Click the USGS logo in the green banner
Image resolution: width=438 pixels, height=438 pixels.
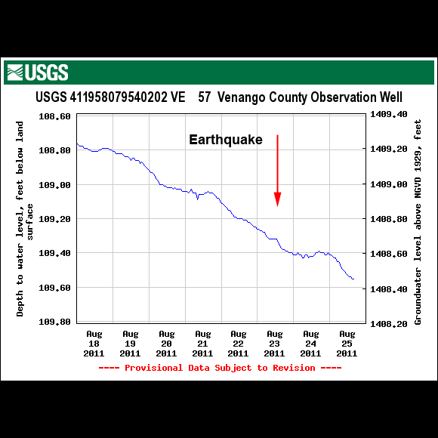(37, 72)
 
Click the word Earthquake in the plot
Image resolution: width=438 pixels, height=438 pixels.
(225, 140)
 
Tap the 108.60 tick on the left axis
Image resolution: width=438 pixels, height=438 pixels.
(54, 116)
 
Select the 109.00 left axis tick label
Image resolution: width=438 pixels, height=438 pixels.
(54, 185)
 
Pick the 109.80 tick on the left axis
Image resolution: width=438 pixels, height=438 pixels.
(54, 322)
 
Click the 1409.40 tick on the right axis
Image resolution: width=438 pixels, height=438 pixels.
(388, 115)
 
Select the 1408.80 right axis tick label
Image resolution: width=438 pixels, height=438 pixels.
(388, 219)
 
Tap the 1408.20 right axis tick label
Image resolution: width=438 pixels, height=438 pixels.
(388, 323)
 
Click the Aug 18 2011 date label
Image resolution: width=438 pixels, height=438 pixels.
(94, 343)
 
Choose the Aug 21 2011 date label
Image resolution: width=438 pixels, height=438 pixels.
(202, 343)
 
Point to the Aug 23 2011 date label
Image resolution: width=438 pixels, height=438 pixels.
(274, 343)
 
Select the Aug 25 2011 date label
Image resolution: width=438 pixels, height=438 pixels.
(347, 343)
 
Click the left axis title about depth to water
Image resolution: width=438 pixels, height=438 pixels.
(25, 218)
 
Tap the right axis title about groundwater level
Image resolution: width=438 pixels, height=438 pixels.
(418, 218)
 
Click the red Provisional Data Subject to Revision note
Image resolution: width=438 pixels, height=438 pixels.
(220, 368)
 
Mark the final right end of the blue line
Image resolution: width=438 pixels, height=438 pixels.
(353, 279)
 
